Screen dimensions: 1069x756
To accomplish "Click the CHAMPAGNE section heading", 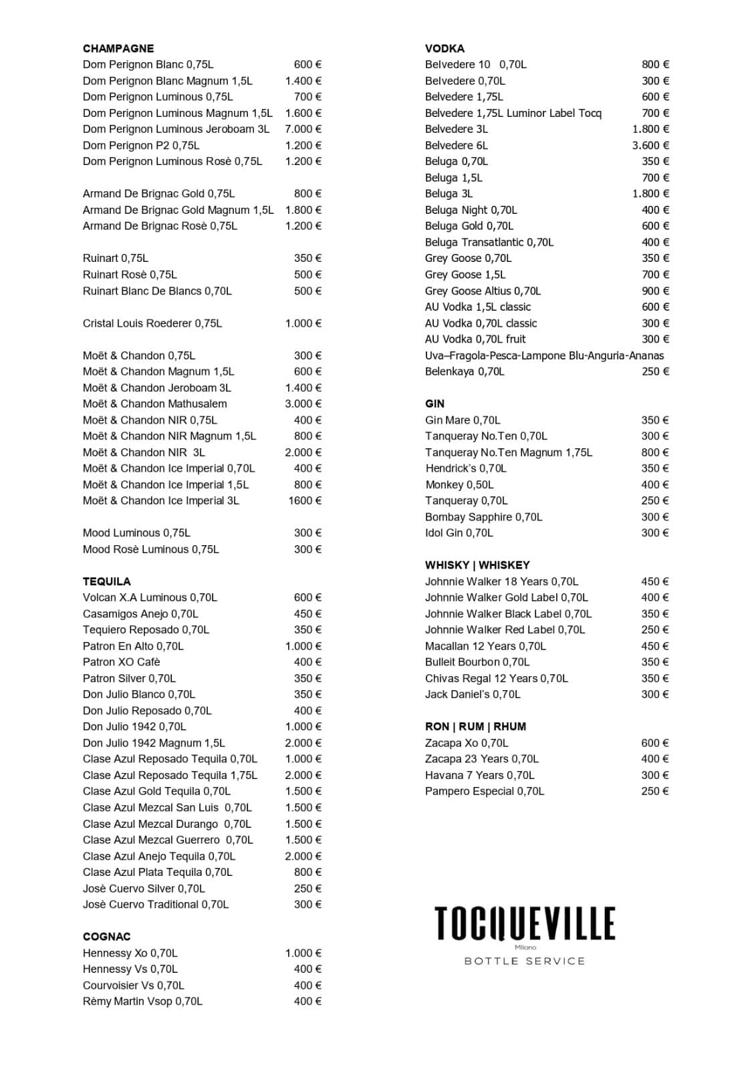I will (118, 48).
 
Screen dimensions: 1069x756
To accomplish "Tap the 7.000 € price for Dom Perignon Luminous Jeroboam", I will (303, 129).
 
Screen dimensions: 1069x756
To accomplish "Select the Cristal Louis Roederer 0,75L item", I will (152, 323).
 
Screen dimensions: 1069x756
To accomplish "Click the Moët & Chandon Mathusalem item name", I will (154, 404).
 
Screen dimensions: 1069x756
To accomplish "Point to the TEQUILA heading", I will (107, 581).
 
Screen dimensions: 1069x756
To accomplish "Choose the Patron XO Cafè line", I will (122, 662).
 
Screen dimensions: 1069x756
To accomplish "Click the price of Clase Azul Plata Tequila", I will (307, 872).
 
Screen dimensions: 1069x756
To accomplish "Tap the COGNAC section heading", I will (107, 937).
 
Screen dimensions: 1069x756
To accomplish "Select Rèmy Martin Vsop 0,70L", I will (142, 1002).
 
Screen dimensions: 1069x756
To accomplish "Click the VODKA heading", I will (445, 48).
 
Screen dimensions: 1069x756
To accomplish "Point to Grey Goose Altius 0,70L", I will (483, 291).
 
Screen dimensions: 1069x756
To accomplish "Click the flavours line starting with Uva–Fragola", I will (544, 355).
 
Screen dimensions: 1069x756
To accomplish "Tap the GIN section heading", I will (434, 404).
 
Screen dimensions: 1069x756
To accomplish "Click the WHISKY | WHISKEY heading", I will (477, 565).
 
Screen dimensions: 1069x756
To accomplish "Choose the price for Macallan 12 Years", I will (654, 646).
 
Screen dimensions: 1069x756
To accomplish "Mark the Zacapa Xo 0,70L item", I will (467, 743).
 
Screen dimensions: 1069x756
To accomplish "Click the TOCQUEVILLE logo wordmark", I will (525, 923).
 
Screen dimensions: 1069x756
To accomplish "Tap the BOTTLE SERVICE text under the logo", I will (525, 961).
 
